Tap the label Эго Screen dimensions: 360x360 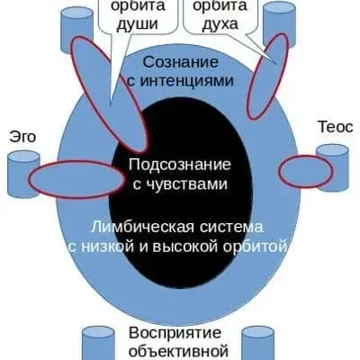coord(22,136)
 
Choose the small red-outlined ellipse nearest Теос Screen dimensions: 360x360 coord(301,170)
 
